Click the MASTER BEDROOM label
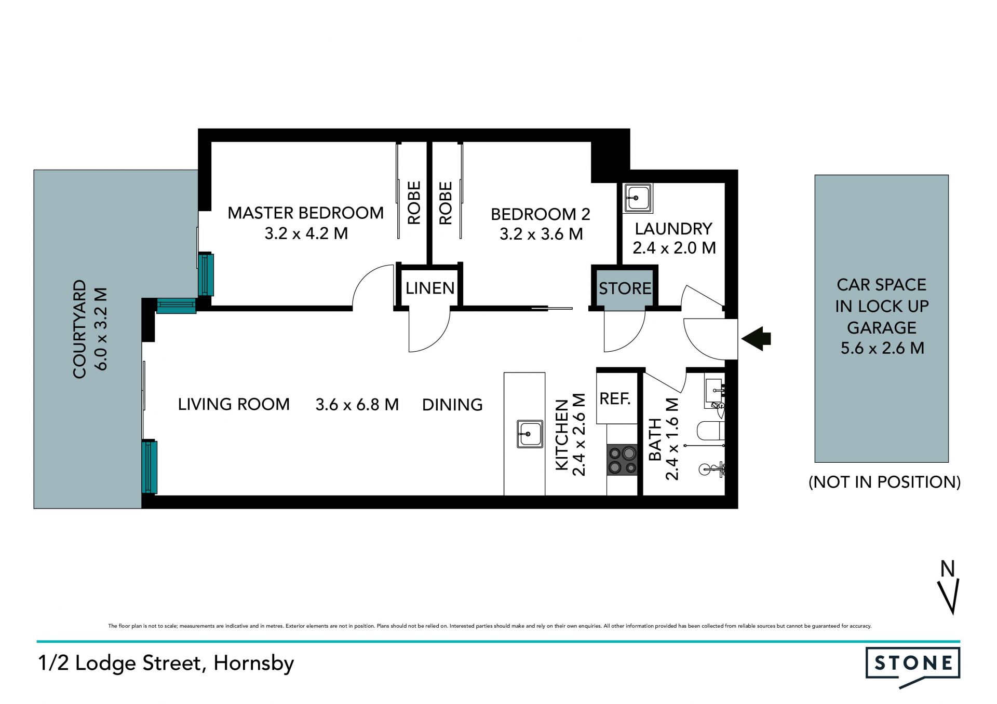pos(305,213)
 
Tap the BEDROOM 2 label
pos(540,214)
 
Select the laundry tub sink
pos(638,198)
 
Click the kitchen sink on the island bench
pos(530,434)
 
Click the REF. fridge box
pos(617,398)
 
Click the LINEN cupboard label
pos(430,288)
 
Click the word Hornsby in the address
pos(254,664)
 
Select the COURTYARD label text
pos(79,329)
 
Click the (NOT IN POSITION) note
pos(885,482)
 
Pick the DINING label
pos(452,405)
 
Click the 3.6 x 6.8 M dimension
pos(357,405)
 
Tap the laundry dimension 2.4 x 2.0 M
pos(674,248)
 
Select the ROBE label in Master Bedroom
pos(414,203)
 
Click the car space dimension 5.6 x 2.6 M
pos(882,348)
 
